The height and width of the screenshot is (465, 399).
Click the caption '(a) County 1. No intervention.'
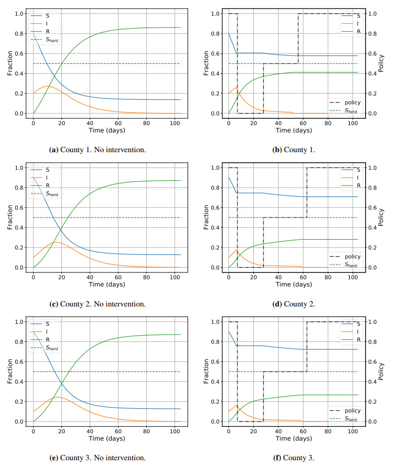97,150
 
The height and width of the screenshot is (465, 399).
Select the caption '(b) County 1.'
294,150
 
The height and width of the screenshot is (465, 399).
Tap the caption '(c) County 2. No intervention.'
97,304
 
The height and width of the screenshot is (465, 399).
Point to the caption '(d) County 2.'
294,304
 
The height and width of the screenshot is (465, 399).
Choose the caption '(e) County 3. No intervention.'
97,458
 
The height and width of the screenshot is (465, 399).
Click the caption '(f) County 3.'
294,458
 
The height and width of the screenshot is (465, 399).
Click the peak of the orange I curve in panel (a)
48,86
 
